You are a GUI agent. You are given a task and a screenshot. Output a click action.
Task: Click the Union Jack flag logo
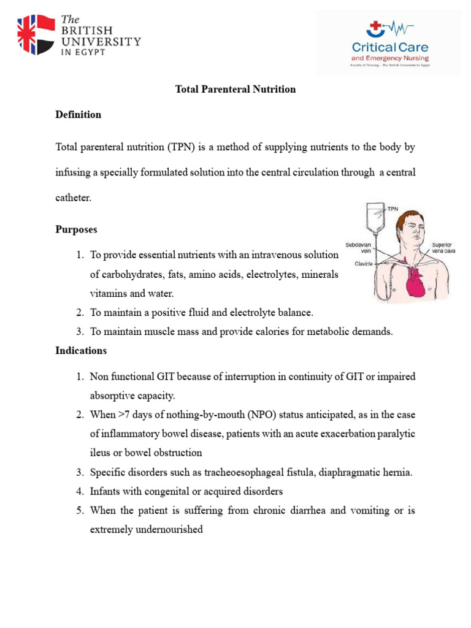pos(36,34)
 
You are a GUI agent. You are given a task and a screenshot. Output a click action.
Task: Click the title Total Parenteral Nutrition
pos(235,90)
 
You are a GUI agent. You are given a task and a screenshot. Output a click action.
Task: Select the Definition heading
pos(78,115)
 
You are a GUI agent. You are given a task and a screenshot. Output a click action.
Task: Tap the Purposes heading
pos(76,229)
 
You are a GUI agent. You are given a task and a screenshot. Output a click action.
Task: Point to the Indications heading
pos(81,351)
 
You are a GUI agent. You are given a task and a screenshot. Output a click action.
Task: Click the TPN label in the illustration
pos(393,209)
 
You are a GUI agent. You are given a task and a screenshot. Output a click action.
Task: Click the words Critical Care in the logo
pos(389,47)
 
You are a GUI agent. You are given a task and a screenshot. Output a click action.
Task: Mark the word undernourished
pos(165,529)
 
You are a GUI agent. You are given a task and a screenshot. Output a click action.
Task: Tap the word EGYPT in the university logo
pos(90,53)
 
